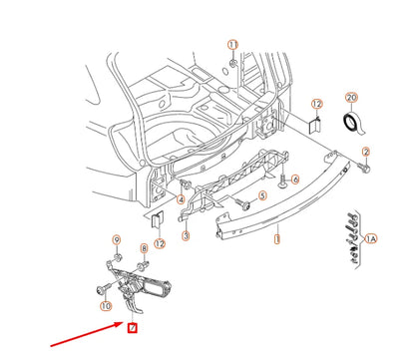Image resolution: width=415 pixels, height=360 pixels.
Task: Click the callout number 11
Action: (x=232, y=45)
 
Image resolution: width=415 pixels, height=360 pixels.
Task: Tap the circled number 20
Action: (x=349, y=99)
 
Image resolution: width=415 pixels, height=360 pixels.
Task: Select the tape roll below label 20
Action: (x=350, y=122)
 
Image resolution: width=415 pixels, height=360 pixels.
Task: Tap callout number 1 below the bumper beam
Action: (x=278, y=240)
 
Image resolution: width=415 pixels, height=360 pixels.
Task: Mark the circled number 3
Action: (x=185, y=237)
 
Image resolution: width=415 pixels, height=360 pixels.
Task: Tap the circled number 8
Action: (x=143, y=248)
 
